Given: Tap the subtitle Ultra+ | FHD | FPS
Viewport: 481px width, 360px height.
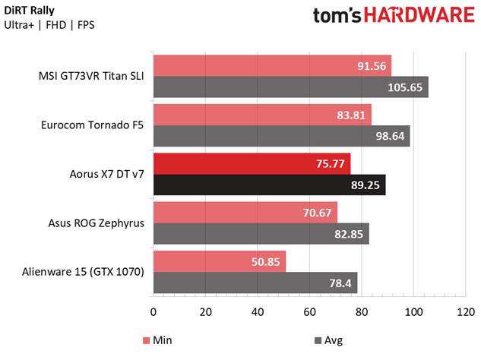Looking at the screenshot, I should click(x=49, y=25).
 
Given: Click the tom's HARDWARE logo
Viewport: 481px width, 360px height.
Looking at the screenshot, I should click(x=393, y=17).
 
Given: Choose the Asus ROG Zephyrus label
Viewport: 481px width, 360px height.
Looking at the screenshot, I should click(x=100, y=223).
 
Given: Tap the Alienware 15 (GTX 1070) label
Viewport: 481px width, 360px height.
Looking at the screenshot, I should click(x=91, y=273).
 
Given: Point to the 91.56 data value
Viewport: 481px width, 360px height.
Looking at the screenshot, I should click(x=373, y=66).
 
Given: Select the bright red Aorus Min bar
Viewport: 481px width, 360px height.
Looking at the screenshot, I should click(x=251, y=164).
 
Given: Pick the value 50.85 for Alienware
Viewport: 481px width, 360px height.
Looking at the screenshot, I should click(x=267, y=262).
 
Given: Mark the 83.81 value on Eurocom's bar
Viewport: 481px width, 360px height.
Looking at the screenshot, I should click(x=353, y=115).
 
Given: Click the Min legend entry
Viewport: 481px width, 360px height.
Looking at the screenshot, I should click(x=157, y=340).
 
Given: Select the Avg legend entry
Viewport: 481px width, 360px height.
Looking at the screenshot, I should click(x=328, y=340).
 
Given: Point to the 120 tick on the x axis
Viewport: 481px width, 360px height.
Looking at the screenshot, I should click(x=466, y=311).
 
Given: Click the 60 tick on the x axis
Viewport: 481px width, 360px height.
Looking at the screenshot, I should click(x=310, y=311).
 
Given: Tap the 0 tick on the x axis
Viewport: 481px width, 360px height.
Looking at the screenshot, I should click(x=154, y=311).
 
